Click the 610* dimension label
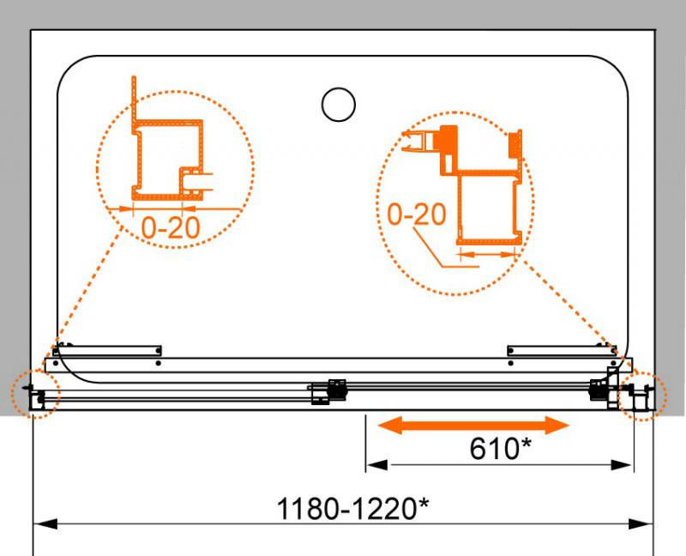[x=500, y=448]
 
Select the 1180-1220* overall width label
[x=352, y=508]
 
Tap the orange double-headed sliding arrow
[x=473, y=425]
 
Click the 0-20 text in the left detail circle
[x=171, y=227]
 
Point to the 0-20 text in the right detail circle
[x=417, y=215]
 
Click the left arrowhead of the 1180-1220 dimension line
[x=45, y=523]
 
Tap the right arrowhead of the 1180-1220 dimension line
[x=641, y=523]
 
